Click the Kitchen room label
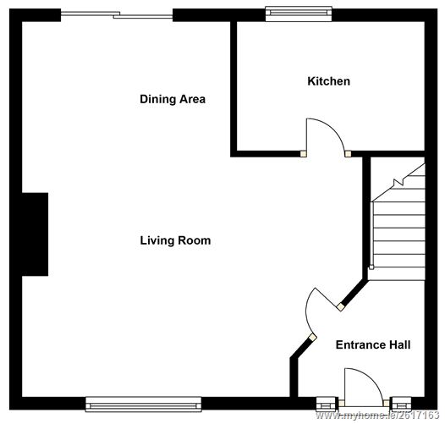[328, 81]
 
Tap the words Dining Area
[173, 99]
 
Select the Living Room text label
[175, 240]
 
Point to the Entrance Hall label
[373, 344]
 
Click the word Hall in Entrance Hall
[398, 344]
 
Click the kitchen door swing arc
[323, 132]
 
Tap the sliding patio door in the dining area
[117, 13]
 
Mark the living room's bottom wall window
[143, 405]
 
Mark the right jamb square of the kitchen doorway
[348, 153]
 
